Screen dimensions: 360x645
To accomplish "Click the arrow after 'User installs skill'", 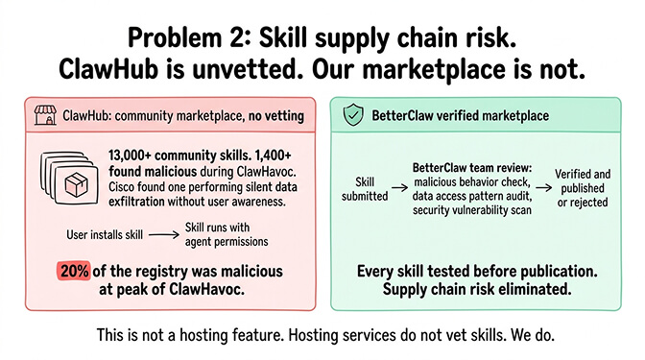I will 163,233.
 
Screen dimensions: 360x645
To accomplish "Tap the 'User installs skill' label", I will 107,233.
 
